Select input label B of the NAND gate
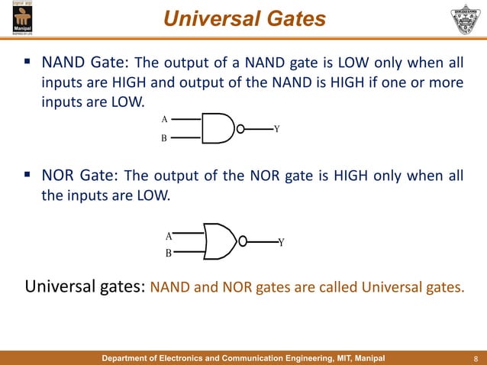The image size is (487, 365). coord(164,139)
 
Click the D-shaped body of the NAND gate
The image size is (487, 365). coord(218,129)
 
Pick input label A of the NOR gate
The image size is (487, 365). coord(169,236)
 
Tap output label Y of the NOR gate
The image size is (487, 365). coord(281,243)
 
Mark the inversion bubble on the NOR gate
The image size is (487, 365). coord(243,242)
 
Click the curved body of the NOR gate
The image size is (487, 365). coord(221,242)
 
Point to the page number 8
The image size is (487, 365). coord(476,357)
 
